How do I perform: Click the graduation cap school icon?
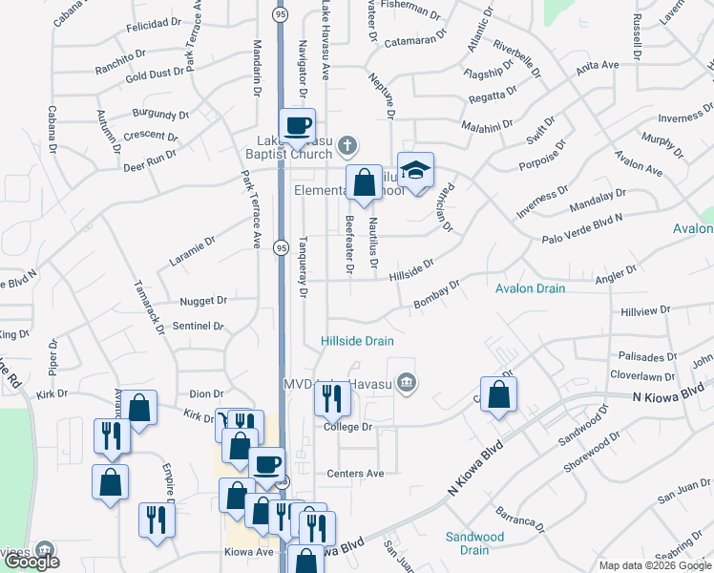point(415,171)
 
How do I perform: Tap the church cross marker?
point(348,146)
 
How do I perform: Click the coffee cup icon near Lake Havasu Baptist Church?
point(297,125)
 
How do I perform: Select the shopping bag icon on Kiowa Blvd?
point(498,394)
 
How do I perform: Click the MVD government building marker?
point(407,384)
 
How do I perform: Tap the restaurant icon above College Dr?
point(332,396)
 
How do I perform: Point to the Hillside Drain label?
point(357,341)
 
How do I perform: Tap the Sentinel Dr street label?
point(199,327)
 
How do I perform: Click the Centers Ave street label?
point(354,473)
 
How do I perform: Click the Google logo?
point(32,562)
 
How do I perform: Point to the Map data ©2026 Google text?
point(656,565)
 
